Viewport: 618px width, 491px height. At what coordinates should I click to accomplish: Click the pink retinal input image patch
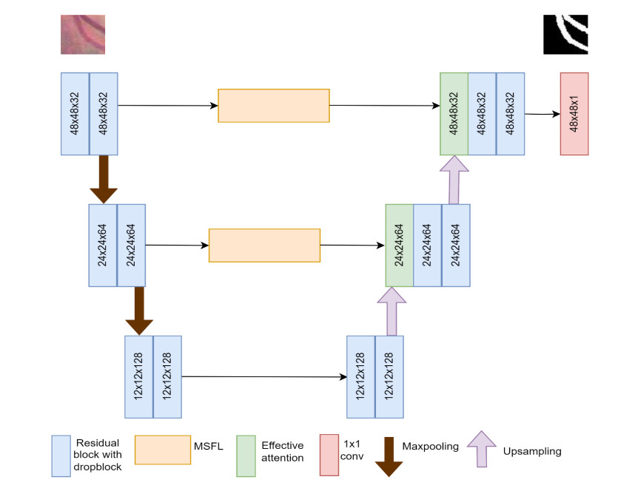pos(83,35)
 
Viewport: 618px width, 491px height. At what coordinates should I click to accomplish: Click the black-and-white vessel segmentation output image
pos(565,35)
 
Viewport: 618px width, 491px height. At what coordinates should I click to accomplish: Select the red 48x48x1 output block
pos(574,114)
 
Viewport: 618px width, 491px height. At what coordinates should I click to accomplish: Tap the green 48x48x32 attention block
pos(454,114)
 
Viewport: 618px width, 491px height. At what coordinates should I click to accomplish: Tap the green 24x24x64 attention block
pos(400,245)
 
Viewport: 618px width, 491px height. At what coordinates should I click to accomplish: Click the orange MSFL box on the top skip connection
pos(274,106)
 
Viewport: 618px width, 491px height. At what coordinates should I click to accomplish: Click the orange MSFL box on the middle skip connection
pos(264,245)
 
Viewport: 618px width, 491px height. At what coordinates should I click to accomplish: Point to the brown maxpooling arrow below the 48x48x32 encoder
pos(104,179)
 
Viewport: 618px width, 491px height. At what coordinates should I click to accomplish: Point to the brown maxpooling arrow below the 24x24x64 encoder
pos(139,311)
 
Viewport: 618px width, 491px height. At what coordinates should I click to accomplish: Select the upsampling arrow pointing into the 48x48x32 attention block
pos(454,179)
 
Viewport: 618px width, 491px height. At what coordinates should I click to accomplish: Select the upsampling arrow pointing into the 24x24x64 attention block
pos(392,311)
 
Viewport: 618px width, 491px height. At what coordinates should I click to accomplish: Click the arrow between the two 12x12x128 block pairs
pos(264,377)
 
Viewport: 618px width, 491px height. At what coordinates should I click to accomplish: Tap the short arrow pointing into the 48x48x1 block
pos(543,114)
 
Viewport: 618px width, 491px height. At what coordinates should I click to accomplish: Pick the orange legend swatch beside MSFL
pos(163,449)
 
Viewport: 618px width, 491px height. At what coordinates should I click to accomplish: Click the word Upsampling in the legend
pos(531,451)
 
